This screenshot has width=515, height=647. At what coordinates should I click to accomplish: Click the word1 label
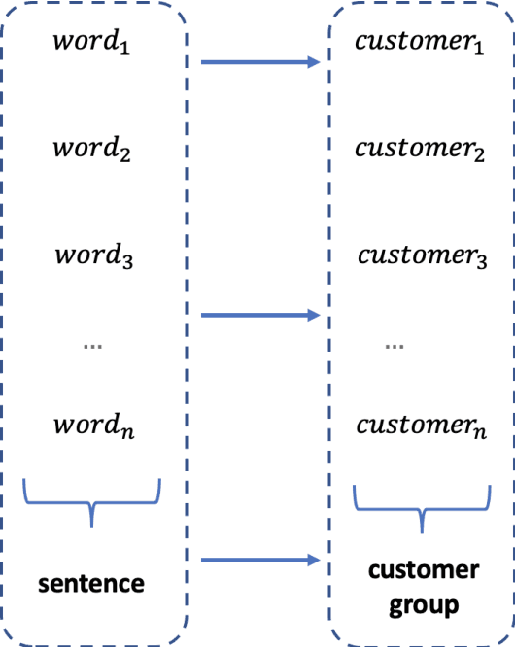(89, 43)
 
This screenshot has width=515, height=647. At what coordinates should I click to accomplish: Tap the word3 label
(92, 257)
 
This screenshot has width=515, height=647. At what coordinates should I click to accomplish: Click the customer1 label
(419, 44)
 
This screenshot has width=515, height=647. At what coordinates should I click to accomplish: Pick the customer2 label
(419, 151)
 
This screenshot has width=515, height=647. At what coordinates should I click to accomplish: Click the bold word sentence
(91, 584)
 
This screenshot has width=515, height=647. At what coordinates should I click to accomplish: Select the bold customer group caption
(423, 588)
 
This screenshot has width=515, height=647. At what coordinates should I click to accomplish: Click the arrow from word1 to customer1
(260, 63)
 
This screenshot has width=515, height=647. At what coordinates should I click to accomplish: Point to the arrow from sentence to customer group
(260, 560)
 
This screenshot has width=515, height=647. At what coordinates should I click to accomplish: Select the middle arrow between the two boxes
(260, 315)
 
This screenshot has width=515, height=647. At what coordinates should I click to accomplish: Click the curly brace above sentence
(92, 501)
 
